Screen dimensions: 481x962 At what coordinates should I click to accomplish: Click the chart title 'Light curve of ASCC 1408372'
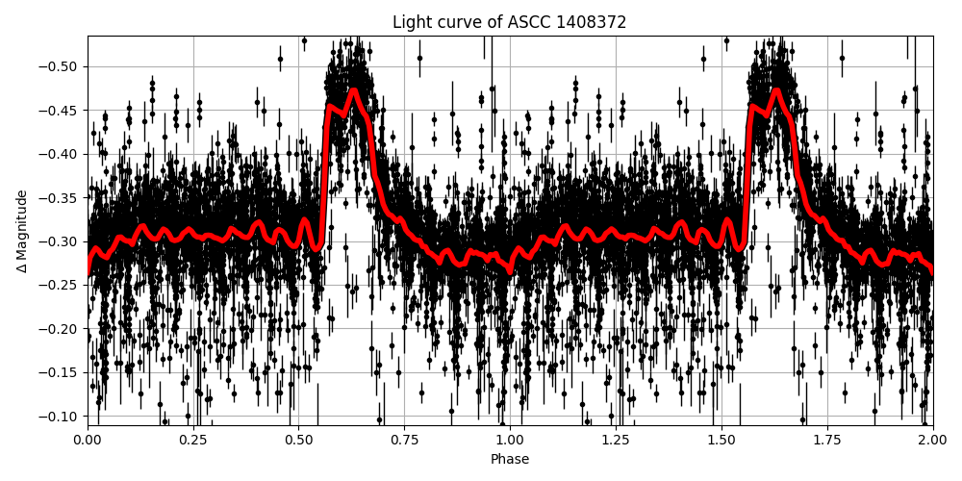[x=509, y=22]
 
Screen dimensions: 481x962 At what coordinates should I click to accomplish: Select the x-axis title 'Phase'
[x=509, y=460]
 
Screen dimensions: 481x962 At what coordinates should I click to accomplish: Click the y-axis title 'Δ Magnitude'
[x=22, y=231]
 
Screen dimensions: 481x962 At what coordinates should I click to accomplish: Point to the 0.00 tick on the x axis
[x=88, y=440]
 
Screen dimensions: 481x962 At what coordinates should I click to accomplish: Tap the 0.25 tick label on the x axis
[x=193, y=440]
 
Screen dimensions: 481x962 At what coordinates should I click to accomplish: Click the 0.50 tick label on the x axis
[x=298, y=440]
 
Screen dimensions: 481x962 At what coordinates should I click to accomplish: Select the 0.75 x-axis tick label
[x=404, y=440]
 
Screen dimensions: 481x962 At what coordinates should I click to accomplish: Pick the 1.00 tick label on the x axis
[x=510, y=440]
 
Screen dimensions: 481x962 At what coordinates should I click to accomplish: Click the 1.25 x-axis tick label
[x=616, y=440]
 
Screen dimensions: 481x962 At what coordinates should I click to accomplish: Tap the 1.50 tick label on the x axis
[x=721, y=440]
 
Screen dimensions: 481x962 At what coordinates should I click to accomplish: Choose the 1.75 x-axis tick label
[x=827, y=440]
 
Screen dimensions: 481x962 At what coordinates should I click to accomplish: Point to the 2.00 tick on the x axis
[x=932, y=440]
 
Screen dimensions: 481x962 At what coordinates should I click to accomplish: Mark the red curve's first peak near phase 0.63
[x=354, y=91]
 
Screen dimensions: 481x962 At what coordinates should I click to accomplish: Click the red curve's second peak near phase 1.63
[x=776, y=91]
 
